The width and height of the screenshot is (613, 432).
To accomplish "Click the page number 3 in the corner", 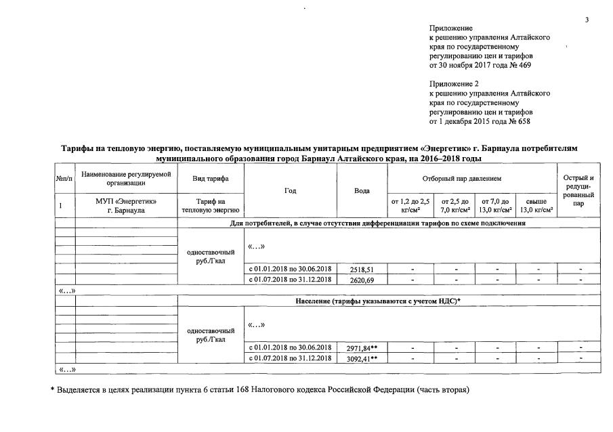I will pyautogui.click(x=587, y=20).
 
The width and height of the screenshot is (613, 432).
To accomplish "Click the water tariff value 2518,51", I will pyautogui.click(x=362, y=269).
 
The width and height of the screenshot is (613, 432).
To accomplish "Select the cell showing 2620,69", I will pyautogui.click(x=362, y=279).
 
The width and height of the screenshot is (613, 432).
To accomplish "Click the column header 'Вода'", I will pyautogui.click(x=362, y=191).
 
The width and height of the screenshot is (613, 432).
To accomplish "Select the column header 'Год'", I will pyautogui.click(x=291, y=191).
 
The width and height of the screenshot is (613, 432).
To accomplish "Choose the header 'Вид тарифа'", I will pyautogui.click(x=210, y=178).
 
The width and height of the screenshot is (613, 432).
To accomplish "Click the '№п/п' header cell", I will pyautogui.click(x=65, y=178).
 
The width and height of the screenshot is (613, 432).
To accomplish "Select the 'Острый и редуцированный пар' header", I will pyautogui.click(x=578, y=190).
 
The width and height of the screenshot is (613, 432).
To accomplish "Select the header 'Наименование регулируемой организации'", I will pyautogui.click(x=126, y=178).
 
